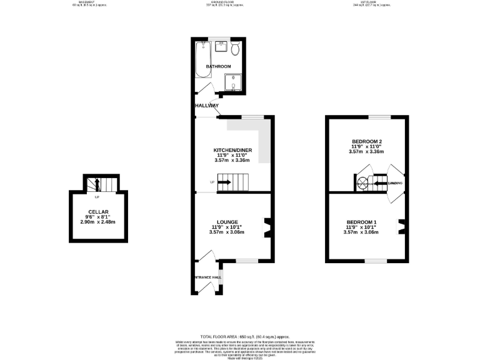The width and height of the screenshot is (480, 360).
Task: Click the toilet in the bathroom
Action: click(x=234, y=49)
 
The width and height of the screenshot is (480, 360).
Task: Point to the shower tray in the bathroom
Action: click(x=232, y=81)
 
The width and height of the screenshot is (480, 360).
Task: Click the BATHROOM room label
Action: click(x=219, y=66)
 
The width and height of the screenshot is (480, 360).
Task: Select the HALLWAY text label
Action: click(x=206, y=106)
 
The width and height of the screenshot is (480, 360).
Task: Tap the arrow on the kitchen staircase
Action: click(x=224, y=182)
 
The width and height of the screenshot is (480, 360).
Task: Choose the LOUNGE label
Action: click(x=226, y=222)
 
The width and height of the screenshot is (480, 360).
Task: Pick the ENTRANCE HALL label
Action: click(x=207, y=277)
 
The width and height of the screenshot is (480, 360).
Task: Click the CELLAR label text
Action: click(x=99, y=212)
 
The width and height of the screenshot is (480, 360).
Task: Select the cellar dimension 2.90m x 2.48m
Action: click(x=98, y=222)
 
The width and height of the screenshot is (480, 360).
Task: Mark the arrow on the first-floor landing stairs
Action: click(x=377, y=182)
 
